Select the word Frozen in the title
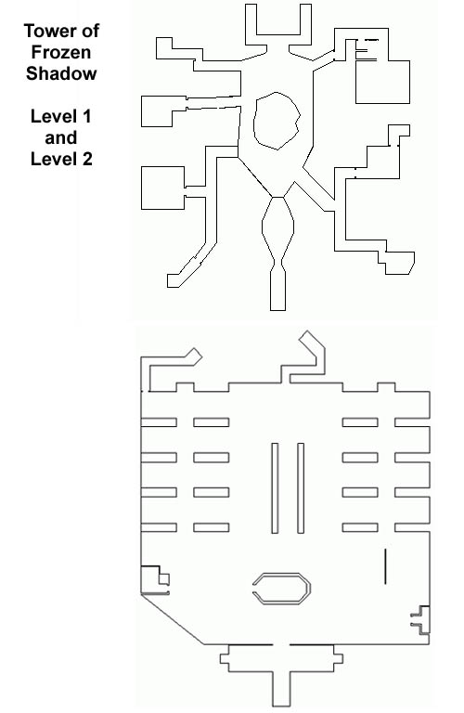[x=61, y=52]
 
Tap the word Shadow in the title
[x=61, y=73]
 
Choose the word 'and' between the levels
[x=61, y=137]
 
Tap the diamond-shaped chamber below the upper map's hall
[x=263, y=227]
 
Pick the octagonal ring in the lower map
[x=282, y=575]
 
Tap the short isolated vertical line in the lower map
[x=385, y=566]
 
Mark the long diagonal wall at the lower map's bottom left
[x=173, y=619]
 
